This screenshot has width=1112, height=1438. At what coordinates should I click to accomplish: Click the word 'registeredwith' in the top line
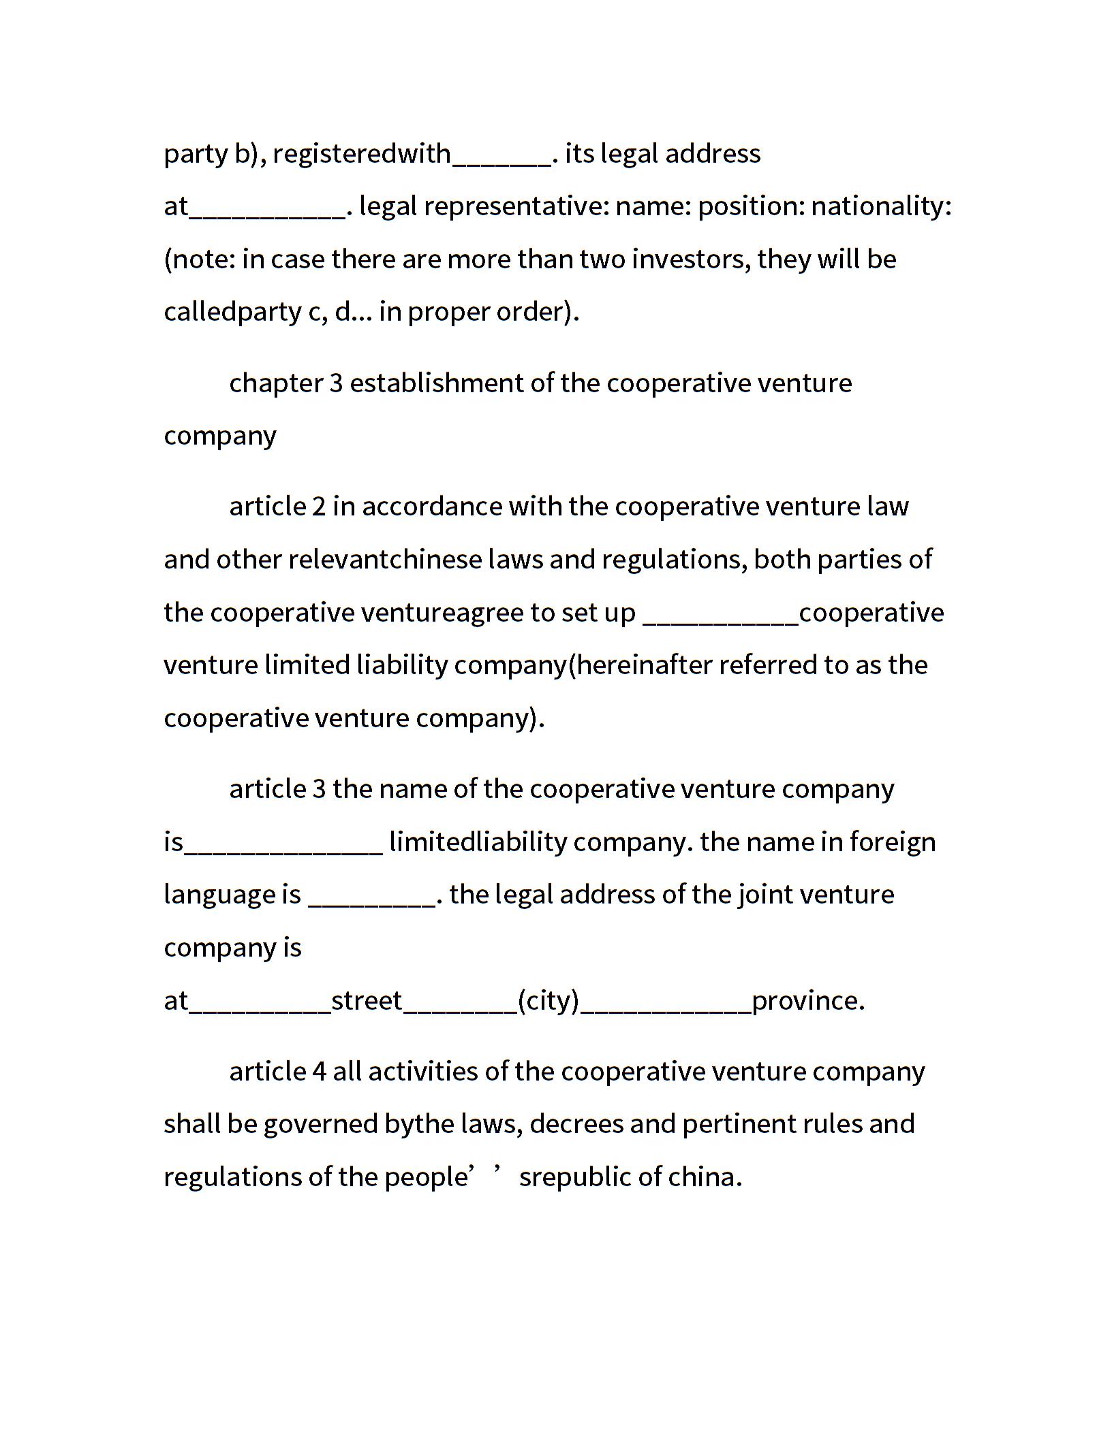[361, 154]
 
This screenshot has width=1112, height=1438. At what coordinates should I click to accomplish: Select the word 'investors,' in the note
[691, 259]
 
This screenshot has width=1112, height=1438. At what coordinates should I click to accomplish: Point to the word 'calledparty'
[232, 312]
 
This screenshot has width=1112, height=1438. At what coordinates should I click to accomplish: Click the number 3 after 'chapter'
[336, 383]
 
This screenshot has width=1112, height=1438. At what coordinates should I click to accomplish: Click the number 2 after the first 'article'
[319, 507]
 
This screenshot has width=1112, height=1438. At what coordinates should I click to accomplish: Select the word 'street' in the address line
[367, 1001]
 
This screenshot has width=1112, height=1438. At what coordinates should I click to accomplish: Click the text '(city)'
[548, 1001]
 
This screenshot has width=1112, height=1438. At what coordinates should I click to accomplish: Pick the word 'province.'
[808, 1001]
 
